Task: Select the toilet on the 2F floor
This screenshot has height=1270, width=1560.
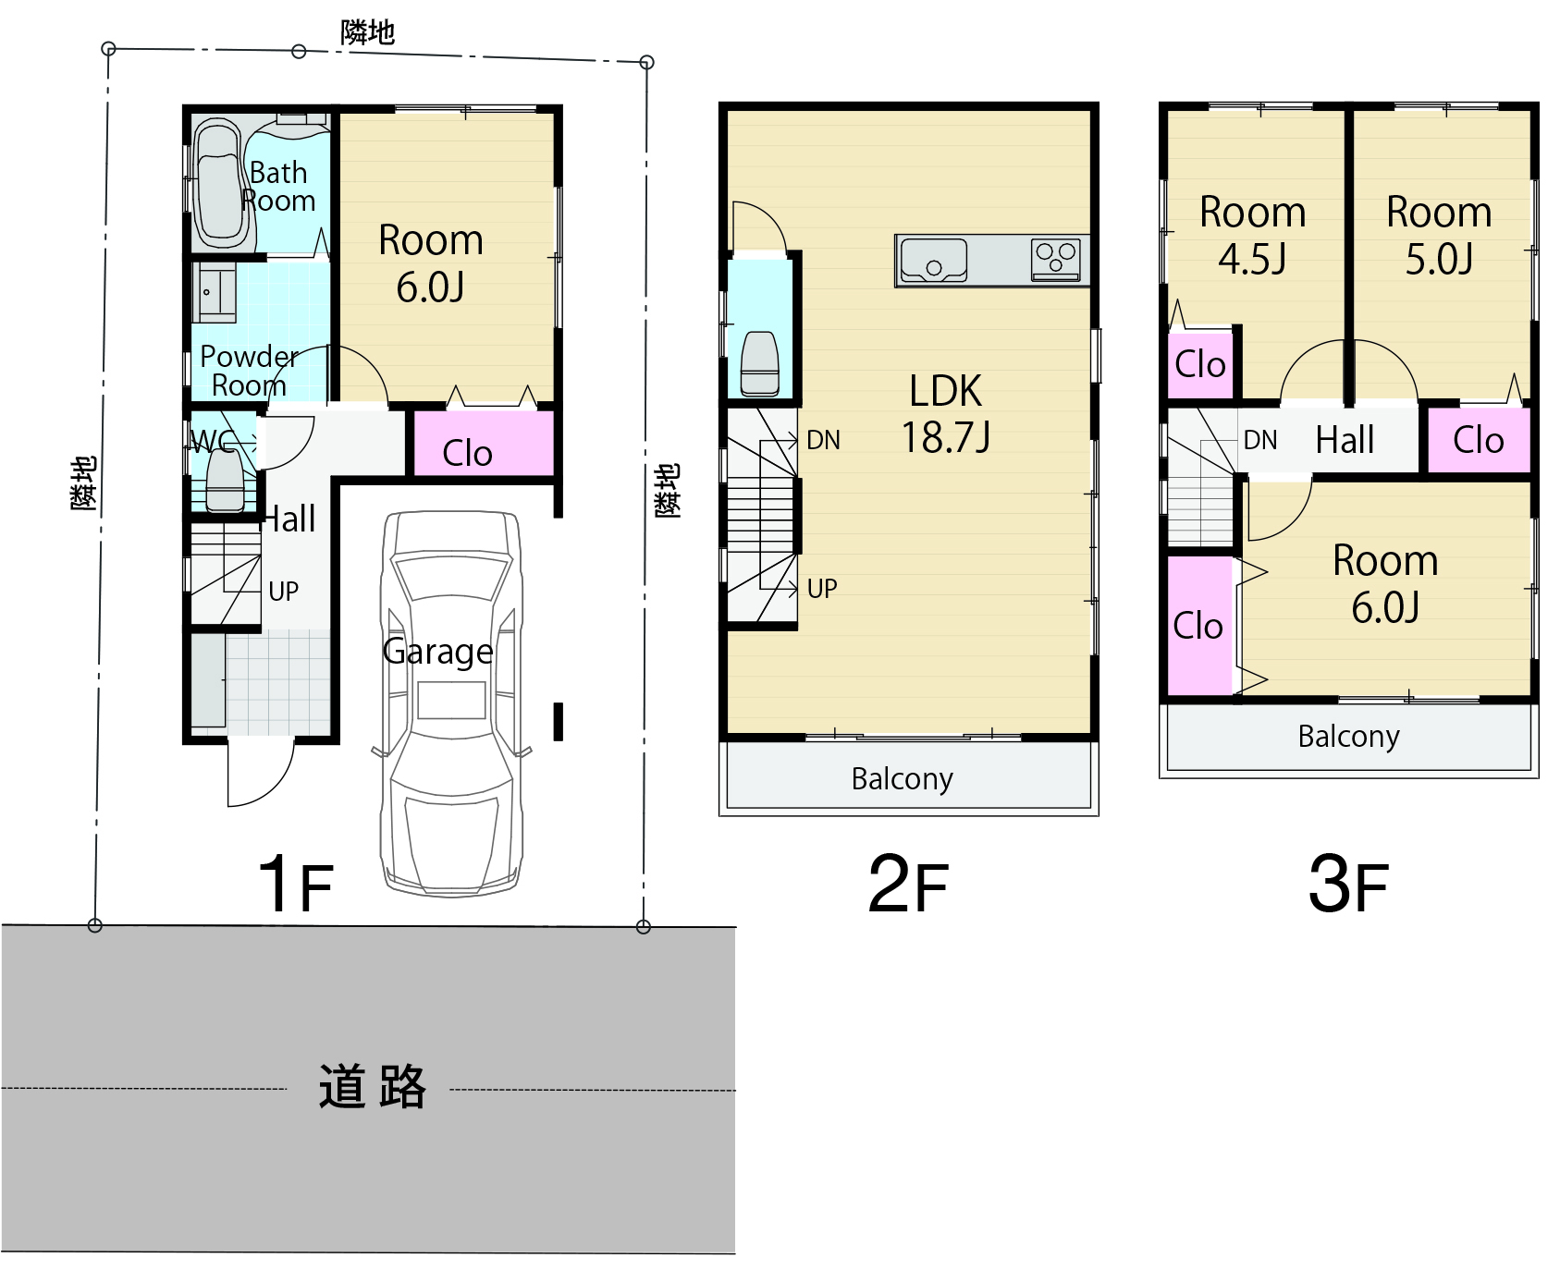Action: coord(760,363)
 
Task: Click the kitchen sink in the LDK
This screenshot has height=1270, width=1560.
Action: coord(934,260)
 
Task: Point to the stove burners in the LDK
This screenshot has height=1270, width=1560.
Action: coord(1056,260)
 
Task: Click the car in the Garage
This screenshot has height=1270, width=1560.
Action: coord(451,702)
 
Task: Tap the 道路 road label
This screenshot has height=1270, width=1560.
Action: coord(372,1086)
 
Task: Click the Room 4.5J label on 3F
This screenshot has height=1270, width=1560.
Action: coord(1252,236)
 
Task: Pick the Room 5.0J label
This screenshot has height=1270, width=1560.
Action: coord(1439,236)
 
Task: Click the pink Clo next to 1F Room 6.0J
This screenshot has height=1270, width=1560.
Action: coord(483,443)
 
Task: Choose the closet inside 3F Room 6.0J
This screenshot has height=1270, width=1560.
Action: coord(1200,626)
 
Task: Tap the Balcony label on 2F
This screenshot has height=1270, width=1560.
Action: coord(902,779)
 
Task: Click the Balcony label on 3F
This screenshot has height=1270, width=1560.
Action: coord(1348,737)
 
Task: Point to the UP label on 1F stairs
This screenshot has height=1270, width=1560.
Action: coord(283,591)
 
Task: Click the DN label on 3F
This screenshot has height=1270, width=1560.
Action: coord(1260,440)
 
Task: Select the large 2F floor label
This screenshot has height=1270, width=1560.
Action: coord(908,884)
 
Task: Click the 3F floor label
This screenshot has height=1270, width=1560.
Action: coord(1348,884)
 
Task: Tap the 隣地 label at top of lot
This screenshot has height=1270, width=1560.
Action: coord(367,32)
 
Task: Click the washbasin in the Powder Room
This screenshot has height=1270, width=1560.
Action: coord(215,292)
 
